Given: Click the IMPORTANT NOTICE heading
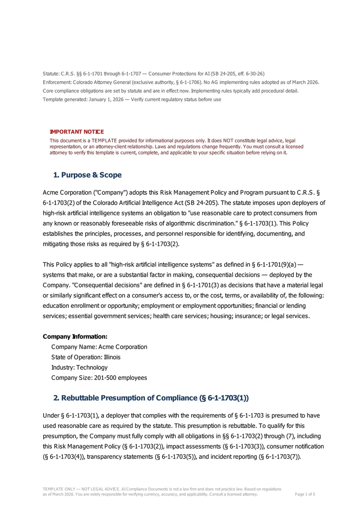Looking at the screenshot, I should pyautogui.click(x=76, y=132).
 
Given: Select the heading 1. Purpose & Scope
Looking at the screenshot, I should pyautogui.click(x=87, y=175).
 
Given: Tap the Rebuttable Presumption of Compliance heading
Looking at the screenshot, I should pyautogui.click(x=151, y=398).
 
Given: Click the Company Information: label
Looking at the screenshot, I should pyautogui.click(x=75, y=337).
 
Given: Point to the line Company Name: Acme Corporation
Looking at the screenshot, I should pyautogui.click(x=99, y=347).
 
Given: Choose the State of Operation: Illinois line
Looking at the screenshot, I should pyautogui.click(x=86, y=357).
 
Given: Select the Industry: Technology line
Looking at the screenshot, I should pyautogui.click(x=80, y=368).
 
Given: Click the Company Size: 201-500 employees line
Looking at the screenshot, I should pyautogui.click(x=99, y=378).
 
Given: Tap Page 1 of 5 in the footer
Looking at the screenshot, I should pyautogui.click(x=305, y=494).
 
